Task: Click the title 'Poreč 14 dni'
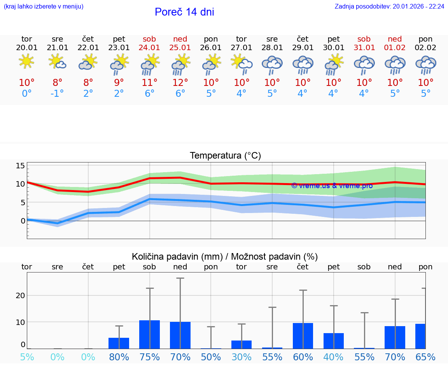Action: tap(184, 12)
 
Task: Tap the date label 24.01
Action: tap(149, 48)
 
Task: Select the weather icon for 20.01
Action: tap(26, 62)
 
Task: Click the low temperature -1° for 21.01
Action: tap(57, 94)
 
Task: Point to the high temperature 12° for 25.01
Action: tap(180, 82)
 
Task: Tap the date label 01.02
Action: tap(395, 48)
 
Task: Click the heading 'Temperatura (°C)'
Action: tap(225, 156)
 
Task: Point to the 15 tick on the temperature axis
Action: tap(20, 166)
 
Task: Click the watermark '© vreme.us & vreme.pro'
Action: tap(332, 186)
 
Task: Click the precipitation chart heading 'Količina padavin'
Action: tap(225, 257)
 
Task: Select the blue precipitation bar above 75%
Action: tap(150, 334)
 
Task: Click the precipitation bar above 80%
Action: tap(119, 343)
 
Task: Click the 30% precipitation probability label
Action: tap(241, 357)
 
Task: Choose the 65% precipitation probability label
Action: tap(425, 357)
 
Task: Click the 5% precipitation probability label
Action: tap(27, 357)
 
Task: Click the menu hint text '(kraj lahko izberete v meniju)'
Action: tap(44, 6)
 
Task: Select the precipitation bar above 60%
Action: tap(303, 336)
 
